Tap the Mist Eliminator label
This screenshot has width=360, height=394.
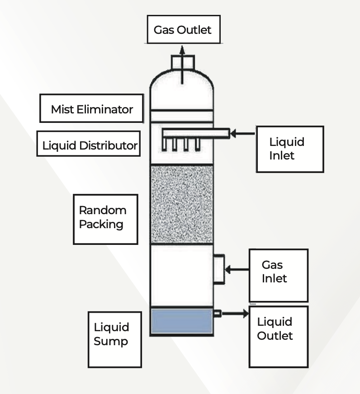pyautogui.click(x=91, y=108)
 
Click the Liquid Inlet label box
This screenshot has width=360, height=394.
pyautogui.click(x=289, y=149)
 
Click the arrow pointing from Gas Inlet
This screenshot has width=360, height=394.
pyautogui.click(x=237, y=270)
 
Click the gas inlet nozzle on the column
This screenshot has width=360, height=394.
pyautogui.click(x=218, y=270)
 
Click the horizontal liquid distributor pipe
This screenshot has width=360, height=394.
pyautogui.click(x=195, y=133)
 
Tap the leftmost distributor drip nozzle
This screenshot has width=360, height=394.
pyautogui.click(x=166, y=144)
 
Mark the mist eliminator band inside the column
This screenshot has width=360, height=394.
pyautogui.click(x=181, y=116)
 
